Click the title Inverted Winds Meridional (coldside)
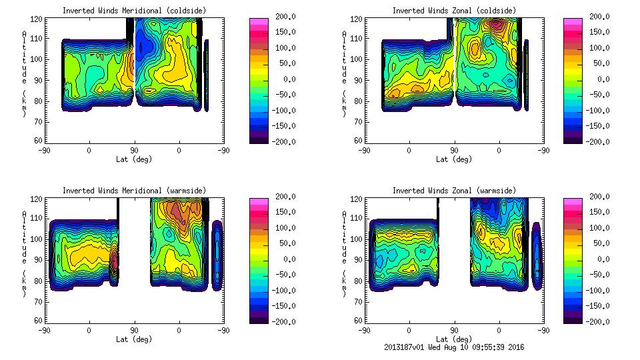click(x=134, y=11)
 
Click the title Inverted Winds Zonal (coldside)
click(x=454, y=11)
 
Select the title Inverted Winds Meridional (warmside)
click(x=134, y=191)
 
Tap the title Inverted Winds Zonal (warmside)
click(x=454, y=191)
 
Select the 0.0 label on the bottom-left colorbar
click(x=287, y=259)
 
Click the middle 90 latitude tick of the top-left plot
click(x=134, y=150)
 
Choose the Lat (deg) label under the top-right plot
click(x=454, y=159)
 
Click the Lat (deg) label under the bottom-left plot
click(x=134, y=339)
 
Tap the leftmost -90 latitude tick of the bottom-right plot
click(x=364, y=330)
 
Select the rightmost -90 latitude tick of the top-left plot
click(x=224, y=150)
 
